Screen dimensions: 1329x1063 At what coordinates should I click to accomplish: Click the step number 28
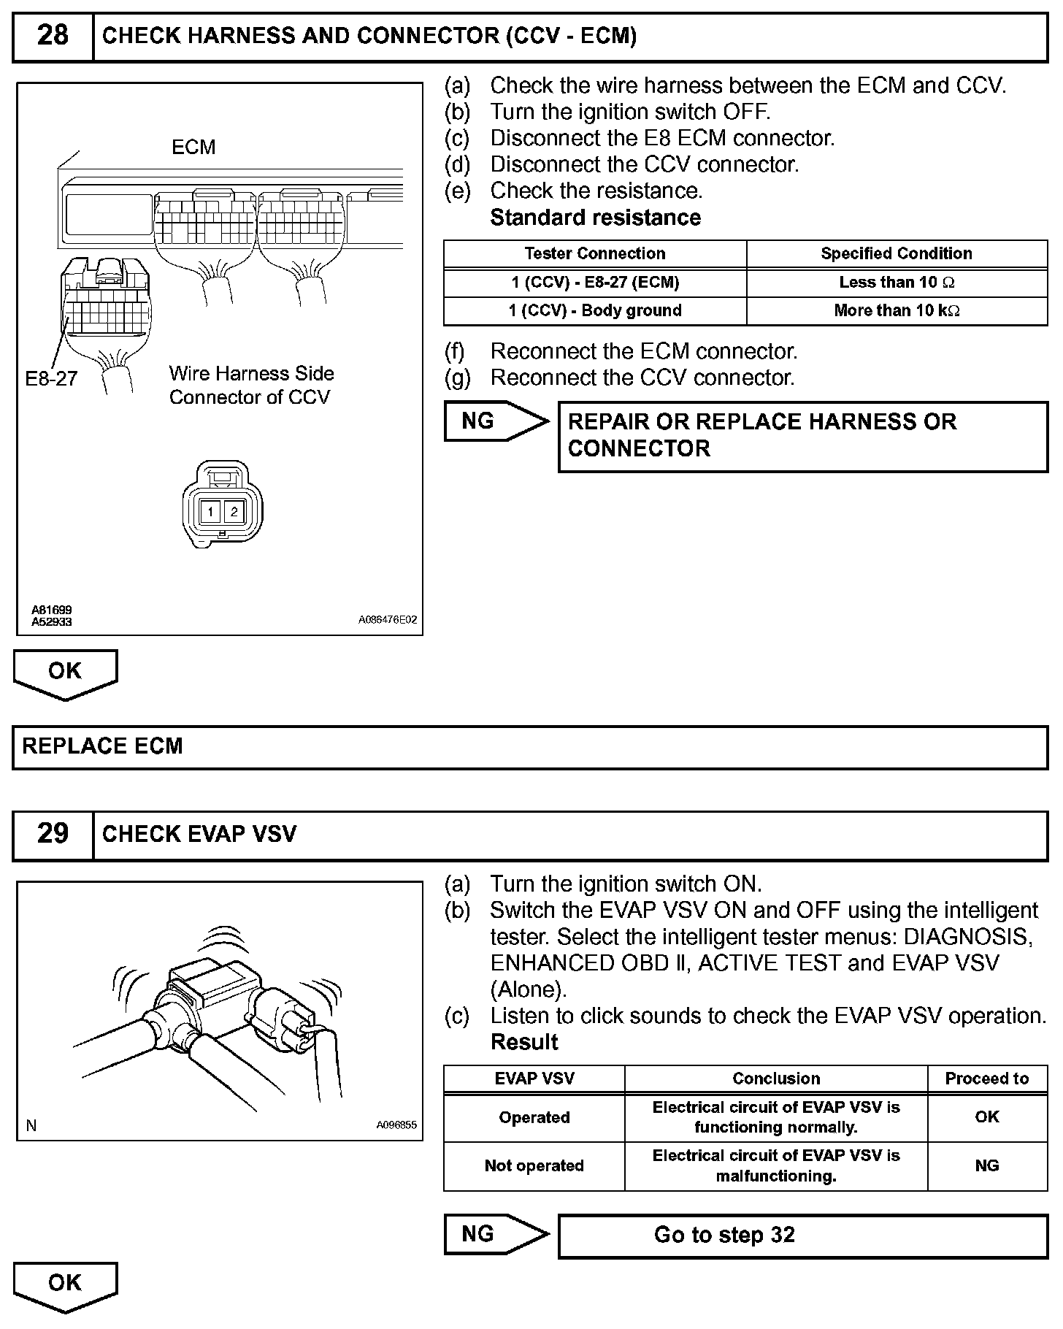point(53,36)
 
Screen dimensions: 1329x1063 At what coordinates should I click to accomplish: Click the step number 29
point(53,834)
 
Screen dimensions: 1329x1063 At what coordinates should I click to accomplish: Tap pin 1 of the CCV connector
point(210,511)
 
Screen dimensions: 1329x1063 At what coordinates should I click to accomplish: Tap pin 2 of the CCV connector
point(234,511)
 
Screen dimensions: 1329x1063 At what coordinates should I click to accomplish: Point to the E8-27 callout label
point(51,378)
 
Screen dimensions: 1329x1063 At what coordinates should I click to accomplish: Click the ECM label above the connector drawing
point(193,148)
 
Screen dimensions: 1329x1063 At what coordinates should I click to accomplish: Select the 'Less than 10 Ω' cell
point(897,283)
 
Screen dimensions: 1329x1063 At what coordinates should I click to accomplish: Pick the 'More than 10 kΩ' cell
point(897,311)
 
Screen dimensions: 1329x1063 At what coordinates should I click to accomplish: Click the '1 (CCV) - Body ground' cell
point(595,311)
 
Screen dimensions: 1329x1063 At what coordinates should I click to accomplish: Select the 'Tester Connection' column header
point(595,254)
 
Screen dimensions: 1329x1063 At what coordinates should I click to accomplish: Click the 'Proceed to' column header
point(986,1079)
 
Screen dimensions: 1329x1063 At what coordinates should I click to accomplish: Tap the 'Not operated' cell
point(534,1166)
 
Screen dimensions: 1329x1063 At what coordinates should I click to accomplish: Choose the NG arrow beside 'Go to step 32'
point(496,1234)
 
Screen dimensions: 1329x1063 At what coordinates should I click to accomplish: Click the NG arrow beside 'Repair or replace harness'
point(496,421)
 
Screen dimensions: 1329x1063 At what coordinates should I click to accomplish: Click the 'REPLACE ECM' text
point(103,746)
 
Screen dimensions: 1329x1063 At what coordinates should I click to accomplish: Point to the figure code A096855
point(396,1125)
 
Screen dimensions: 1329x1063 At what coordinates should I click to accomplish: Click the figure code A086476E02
point(388,620)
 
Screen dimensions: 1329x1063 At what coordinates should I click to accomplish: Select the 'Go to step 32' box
point(802,1236)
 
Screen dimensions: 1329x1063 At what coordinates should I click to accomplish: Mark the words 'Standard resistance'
point(595,218)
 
